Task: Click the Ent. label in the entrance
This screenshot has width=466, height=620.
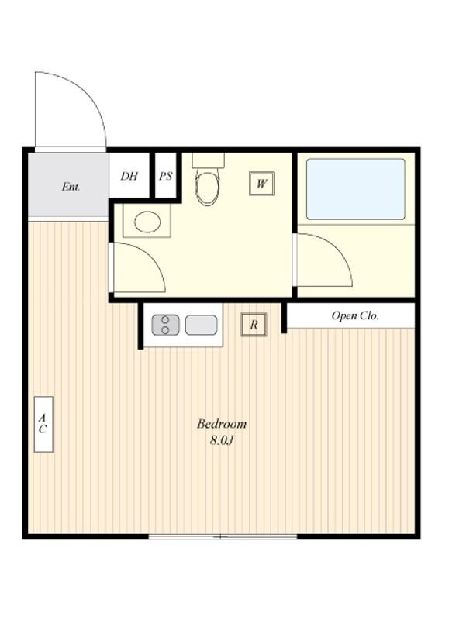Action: pyautogui.click(x=71, y=186)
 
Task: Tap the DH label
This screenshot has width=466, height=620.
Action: pyautogui.click(x=129, y=176)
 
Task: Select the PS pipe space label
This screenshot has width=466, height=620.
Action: pyautogui.click(x=165, y=176)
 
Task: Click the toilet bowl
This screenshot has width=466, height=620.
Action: pyautogui.click(x=208, y=187)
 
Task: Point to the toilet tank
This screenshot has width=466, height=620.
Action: pyautogui.click(x=208, y=160)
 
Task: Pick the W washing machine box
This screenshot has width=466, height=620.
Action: pyautogui.click(x=261, y=184)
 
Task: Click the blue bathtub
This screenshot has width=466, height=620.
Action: pyautogui.click(x=356, y=189)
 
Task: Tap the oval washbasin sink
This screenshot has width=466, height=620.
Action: pyautogui.click(x=147, y=222)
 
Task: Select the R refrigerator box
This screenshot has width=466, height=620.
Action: pyautogui.click(x=254, y=325)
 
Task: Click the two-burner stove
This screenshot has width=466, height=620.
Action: pyautogui.click(x=165, y=325)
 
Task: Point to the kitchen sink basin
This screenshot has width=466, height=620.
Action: pyautogui.click(x=201, y=325)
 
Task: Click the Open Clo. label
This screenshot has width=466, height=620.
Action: pyautogui.click(x=355, y=315)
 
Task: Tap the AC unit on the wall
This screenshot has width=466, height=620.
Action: pyautogui.click(x=43, y=424)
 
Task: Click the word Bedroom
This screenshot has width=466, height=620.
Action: pyautogui.click(x=222, y=424)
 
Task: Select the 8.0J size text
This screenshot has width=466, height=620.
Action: pyautogui.click(x=222, y=440)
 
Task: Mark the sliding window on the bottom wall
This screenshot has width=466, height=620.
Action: pyautogui.click(x=223, y=536)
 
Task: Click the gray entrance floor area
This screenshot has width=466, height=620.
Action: pyautogui.click(x=68, y=185)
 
